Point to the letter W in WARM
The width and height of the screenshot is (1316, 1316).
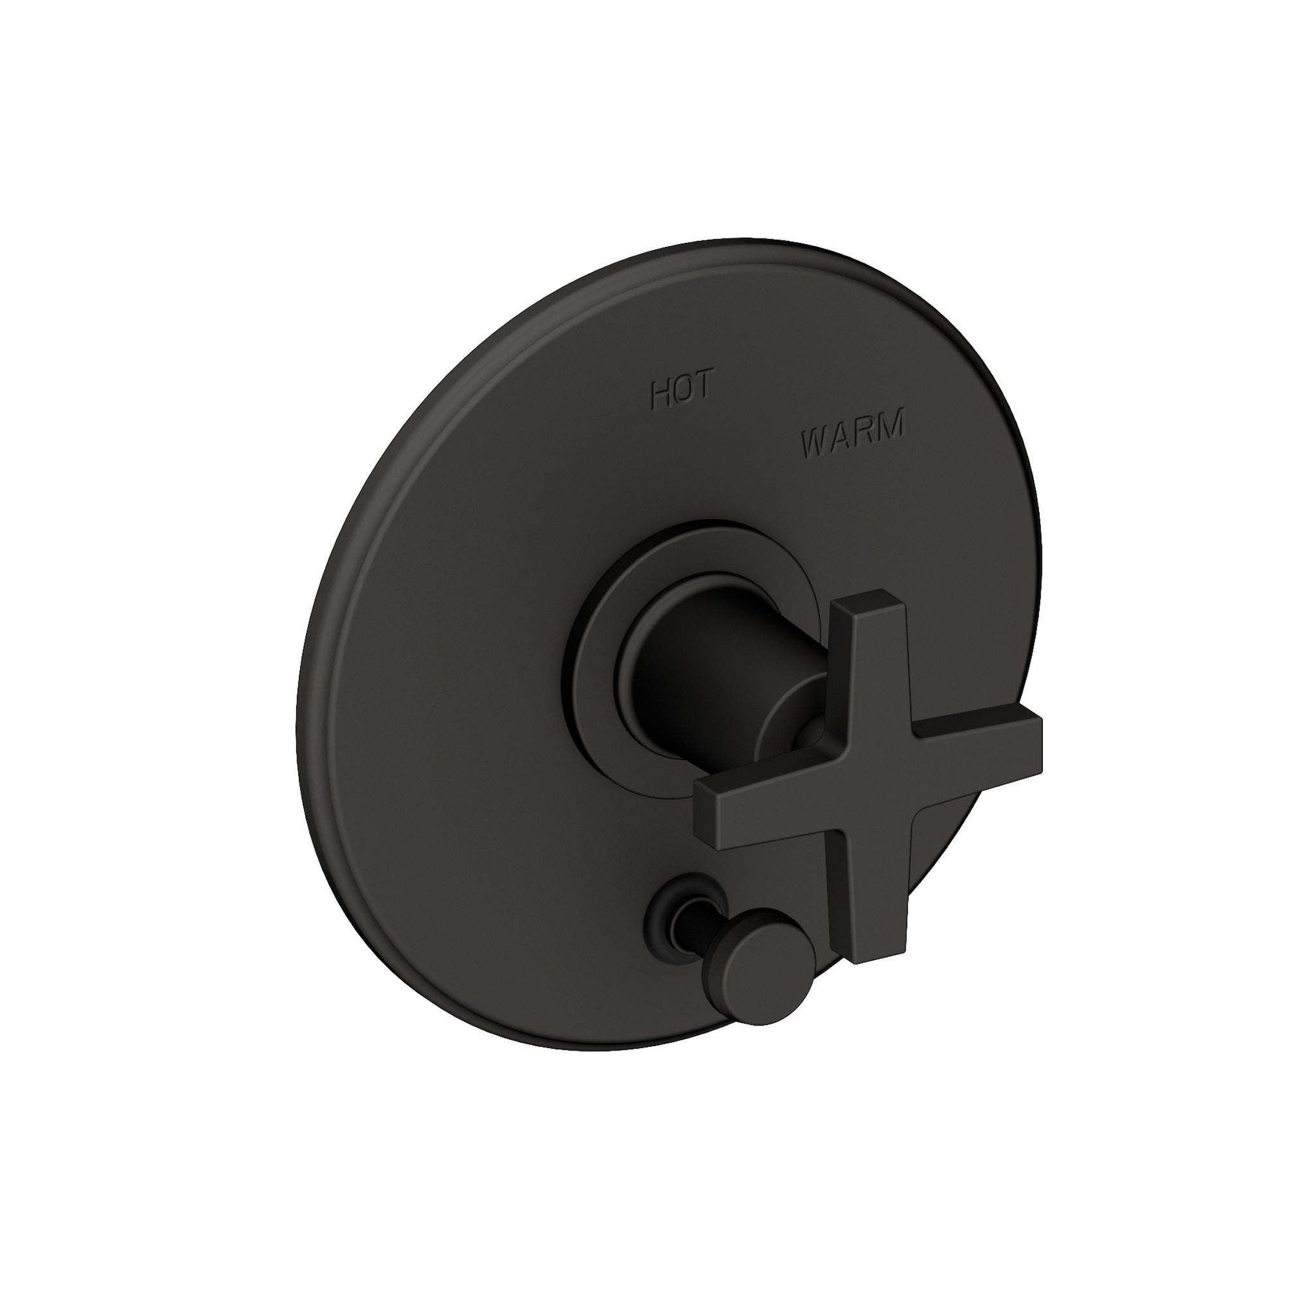tap(815, 445)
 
